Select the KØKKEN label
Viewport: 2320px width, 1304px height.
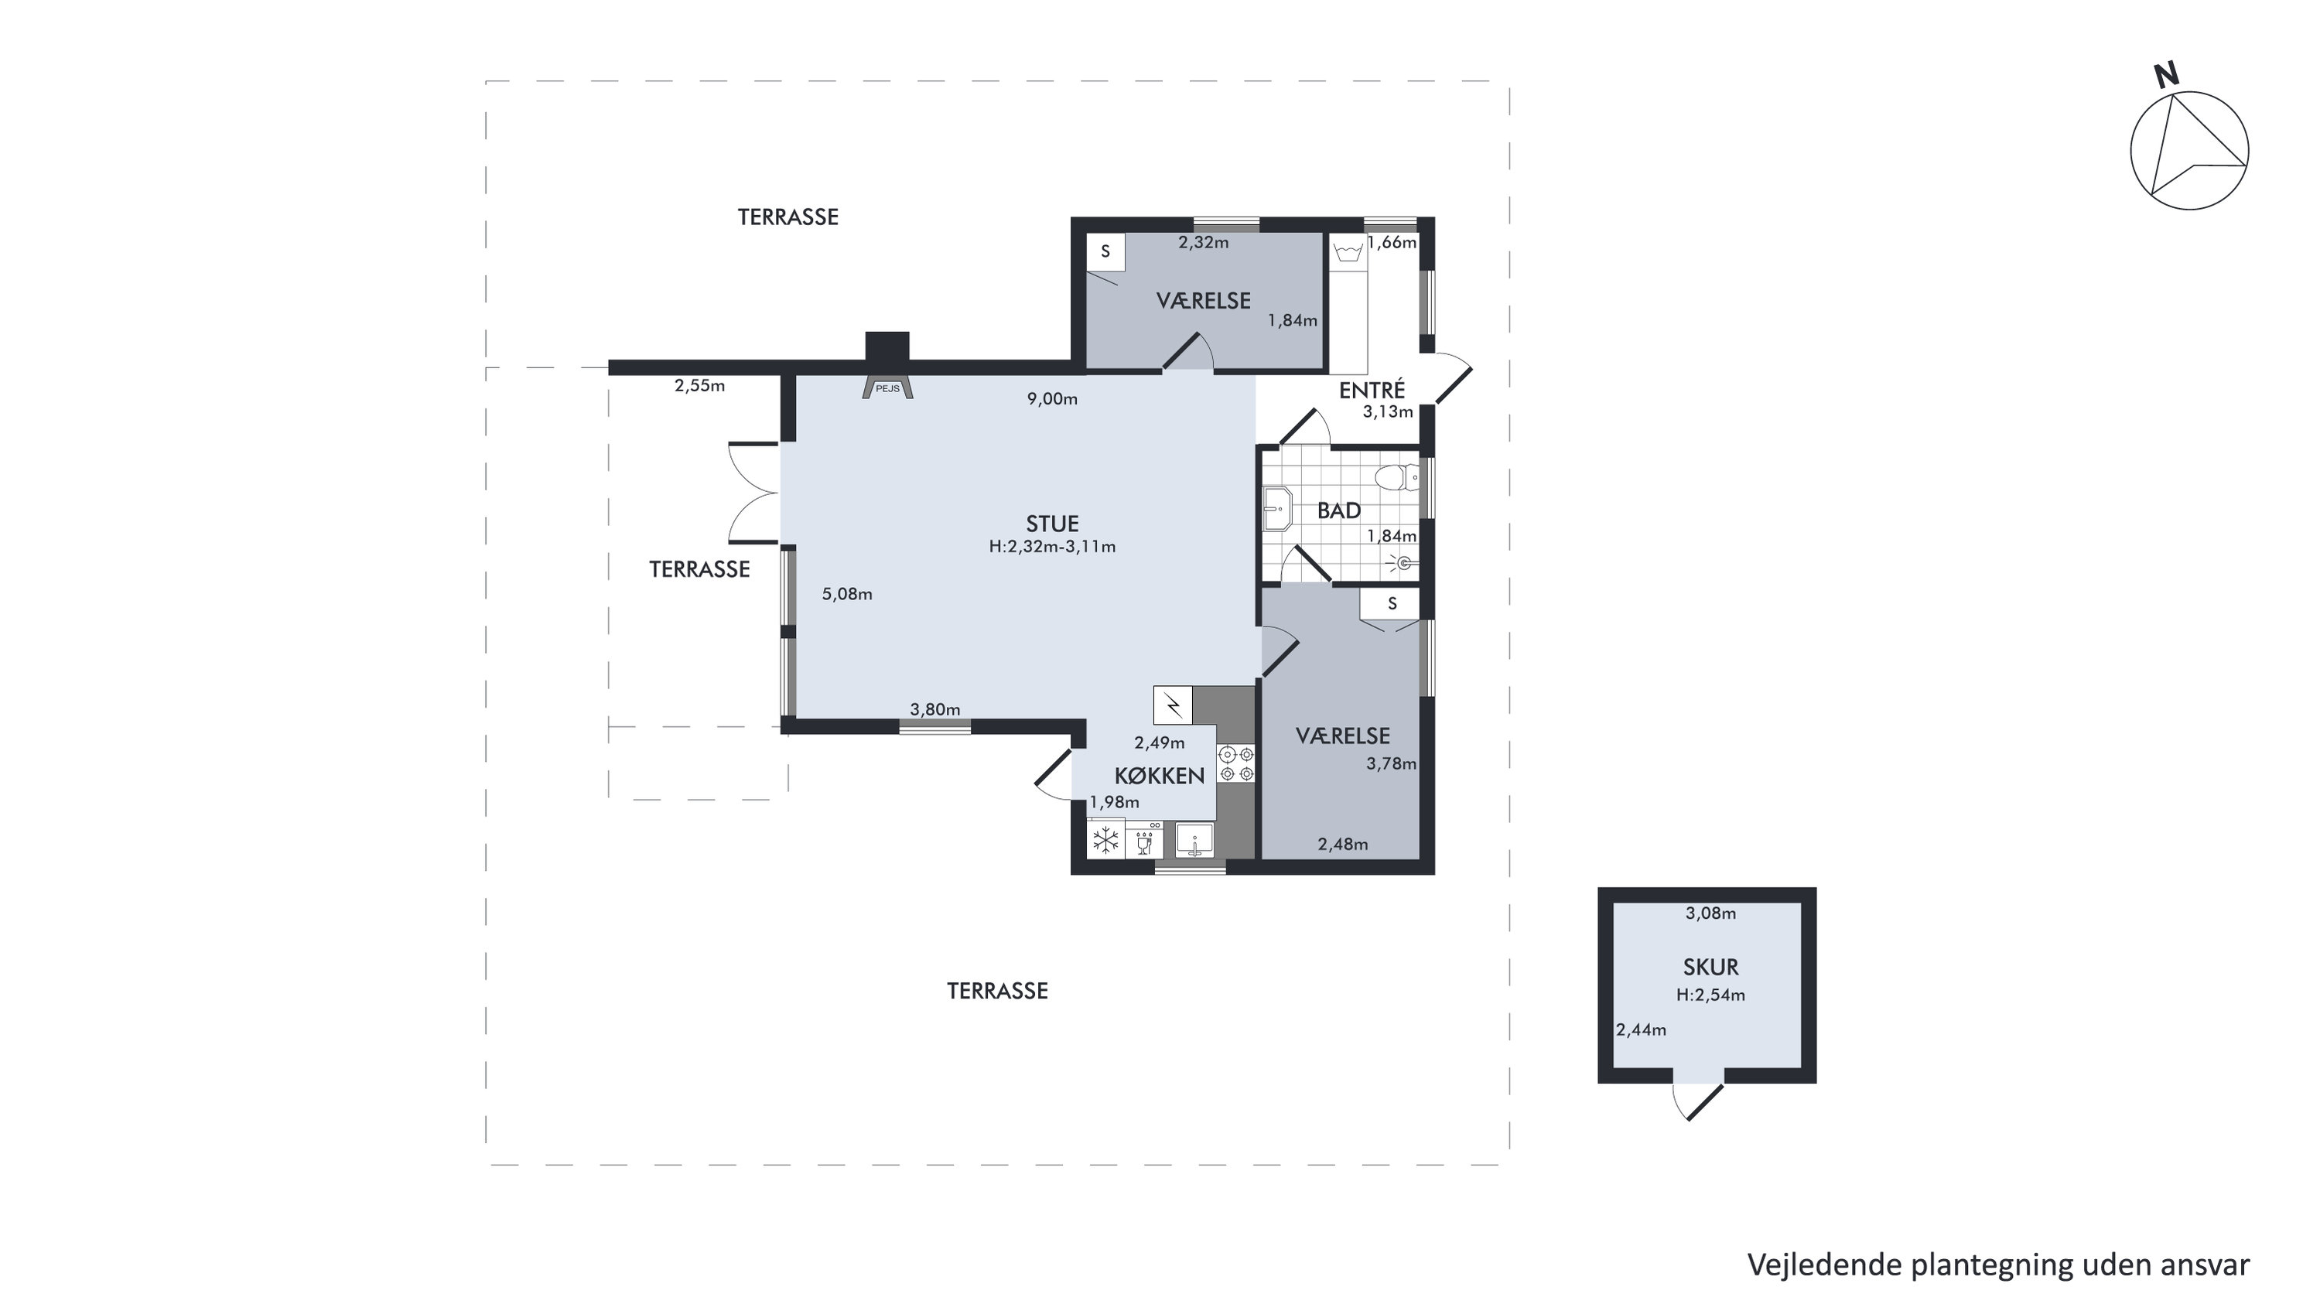tap(1159, 777)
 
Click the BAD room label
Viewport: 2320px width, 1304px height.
tap(1338, 510)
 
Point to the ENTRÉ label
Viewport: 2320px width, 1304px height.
tap(1372, 390)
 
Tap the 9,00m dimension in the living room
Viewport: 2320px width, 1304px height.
tap(1052, 399)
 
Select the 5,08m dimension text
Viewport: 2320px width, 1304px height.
tap(846, 594)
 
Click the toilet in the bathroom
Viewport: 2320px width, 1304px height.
tap(1396, 476)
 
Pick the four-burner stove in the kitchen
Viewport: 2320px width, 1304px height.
tap(1235, 763)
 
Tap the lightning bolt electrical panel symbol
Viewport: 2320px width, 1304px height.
tap(1173, 705)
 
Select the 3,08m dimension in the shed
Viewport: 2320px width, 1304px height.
tap(1710, 913)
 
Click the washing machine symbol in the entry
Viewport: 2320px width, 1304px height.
tap(1348, 251)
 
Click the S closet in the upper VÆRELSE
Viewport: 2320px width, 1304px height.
tap(1105, 252)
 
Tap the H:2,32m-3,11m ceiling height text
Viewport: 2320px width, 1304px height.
tap(1052, 547)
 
